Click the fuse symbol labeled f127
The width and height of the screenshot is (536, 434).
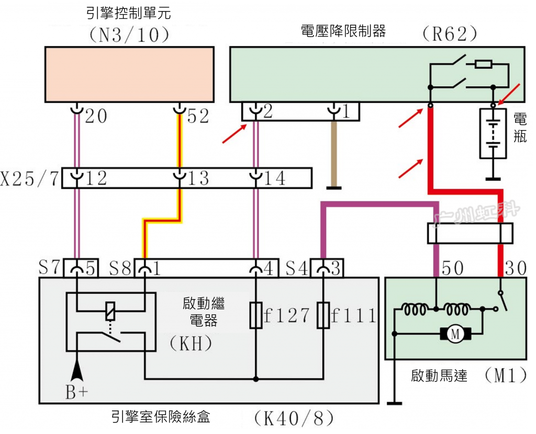(x=255, y=315)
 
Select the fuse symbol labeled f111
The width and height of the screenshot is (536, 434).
(x=323, y=315)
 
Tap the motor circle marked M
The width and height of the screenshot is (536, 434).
(x=455, y=333)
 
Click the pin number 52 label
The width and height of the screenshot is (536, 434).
(x=198, y=116)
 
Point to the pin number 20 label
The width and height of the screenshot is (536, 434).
(x=96, y=116)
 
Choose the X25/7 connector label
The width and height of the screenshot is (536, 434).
(x=29, y=178)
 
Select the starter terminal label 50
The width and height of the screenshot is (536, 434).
(x=453, y=268)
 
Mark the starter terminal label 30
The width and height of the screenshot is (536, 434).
(x=515, y=268)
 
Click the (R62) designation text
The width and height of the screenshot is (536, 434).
(x=450, y=34)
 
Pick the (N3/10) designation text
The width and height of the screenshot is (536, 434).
(x=129, y=35)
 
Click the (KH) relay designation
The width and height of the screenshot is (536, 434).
(x=191, y=343)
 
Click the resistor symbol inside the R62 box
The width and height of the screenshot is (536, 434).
(x=483, y=64)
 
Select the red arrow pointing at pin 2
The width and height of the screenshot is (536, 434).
(x=234, y=133)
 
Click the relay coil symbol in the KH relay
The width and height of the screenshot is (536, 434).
(x=110, y=311)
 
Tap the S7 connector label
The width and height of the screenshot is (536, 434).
(x=49, y=267)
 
